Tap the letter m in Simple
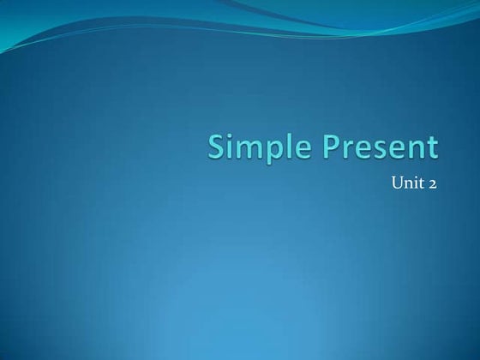point(247,150)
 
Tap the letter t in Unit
point(421,183)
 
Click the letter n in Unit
point(408,183)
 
